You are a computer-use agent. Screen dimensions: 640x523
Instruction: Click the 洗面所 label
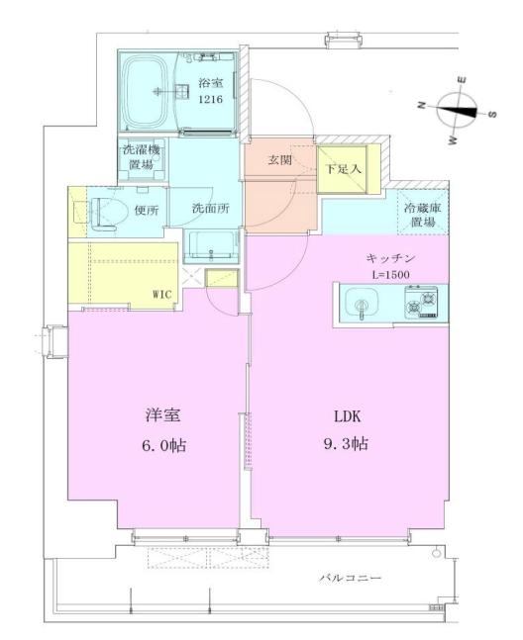(206, 210)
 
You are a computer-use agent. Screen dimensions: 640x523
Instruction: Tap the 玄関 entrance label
(279, 161)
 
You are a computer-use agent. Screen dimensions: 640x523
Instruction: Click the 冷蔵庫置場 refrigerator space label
(422, 215)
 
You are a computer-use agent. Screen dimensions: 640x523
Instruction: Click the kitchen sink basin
(360, 302)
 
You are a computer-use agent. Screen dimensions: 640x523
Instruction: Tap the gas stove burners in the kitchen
(425, 302)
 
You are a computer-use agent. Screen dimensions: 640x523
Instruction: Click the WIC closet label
(161, 294)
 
